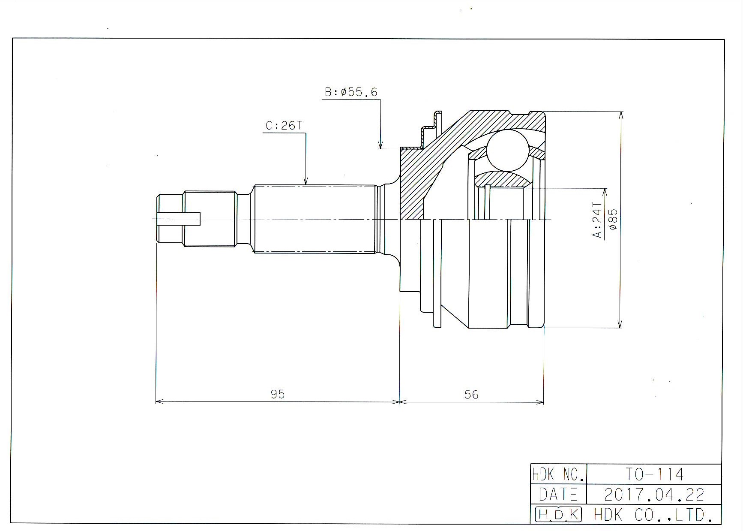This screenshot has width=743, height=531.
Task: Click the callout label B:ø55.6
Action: (351, 92)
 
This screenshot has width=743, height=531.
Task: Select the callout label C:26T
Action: (284, 126)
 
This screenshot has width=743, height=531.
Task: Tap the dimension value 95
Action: (278, 394)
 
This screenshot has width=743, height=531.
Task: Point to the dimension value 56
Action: (471, 395)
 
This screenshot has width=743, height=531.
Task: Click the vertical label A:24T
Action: (597, 220)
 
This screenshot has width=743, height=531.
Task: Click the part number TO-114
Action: (654, 474)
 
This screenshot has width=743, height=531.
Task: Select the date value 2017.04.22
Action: (654, 495)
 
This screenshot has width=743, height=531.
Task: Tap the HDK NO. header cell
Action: (558, 474)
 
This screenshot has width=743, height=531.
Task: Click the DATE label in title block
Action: (558, 495)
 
